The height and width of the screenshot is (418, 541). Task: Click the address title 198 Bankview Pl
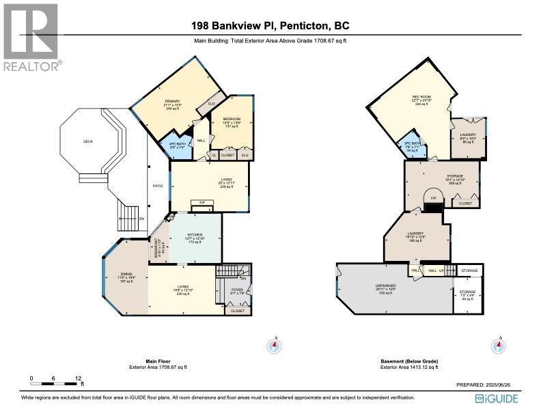pos(270,27)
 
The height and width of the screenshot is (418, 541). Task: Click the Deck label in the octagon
pos(87,142)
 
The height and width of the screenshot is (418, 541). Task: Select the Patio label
pos(158,184)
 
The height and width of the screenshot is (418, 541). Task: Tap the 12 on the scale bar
pos(79,377)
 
